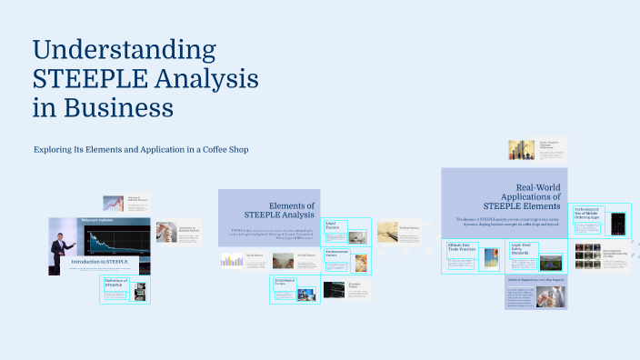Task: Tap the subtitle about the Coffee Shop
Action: [141, 149]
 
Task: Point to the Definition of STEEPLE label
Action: [115, 285]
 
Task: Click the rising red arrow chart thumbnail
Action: [113, 204]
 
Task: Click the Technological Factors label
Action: [286, 283]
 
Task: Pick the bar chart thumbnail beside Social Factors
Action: [231, 261]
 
